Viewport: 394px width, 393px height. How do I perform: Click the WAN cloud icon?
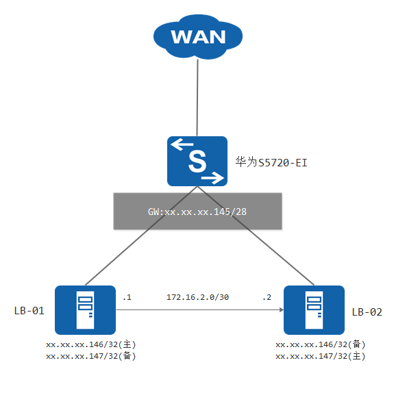pos(198,37)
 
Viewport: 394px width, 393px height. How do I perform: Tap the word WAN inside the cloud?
pos(198,37)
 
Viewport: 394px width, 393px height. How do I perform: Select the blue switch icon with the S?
pos(197,161)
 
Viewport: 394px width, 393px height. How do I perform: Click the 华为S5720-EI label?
pos(271,162)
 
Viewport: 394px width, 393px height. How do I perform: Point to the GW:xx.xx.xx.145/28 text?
pos(197,212)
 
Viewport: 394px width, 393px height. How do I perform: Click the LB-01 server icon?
pos(85,310)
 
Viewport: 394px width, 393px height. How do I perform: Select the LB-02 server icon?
pos(314,310)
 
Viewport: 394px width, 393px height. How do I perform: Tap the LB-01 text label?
pos(29,311)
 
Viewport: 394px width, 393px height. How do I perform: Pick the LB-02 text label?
pos(367,312)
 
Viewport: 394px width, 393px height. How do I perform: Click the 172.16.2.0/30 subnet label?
pos(198,297)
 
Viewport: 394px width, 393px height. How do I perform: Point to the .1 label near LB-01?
pos(127,298)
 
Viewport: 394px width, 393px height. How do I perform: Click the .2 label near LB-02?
pos(267,298)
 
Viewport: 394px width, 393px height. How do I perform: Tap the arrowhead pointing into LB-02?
pos(282,310)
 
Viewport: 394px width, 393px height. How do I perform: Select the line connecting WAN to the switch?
pos(197,97)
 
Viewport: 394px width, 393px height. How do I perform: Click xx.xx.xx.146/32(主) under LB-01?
pos(90,344)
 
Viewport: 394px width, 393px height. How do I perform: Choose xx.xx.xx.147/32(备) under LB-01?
pos(90,356)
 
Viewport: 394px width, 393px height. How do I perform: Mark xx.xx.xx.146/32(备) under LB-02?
pos(321,344)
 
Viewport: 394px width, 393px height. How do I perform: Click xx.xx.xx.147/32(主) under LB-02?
pos(321,356)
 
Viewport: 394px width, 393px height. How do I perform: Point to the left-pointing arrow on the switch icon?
pos(182,144)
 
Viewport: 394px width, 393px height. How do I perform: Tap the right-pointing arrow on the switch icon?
pos(212,178)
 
